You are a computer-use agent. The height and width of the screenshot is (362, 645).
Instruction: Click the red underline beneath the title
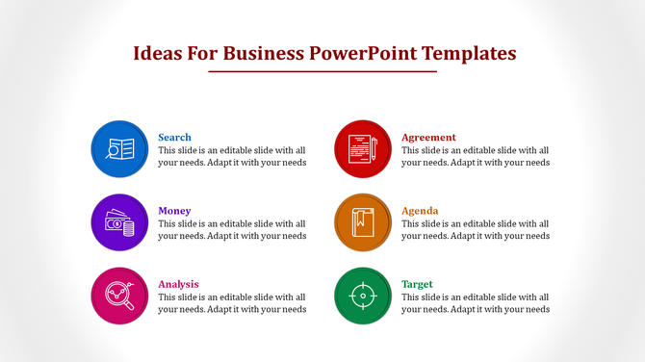point(322,71)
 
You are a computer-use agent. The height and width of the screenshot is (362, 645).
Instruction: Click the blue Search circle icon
point(119,149)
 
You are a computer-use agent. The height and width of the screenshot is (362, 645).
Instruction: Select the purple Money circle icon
point(119,222)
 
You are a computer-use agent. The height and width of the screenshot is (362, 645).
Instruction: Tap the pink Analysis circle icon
point(119,296)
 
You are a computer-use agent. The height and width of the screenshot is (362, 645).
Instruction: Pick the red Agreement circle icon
point(362,149)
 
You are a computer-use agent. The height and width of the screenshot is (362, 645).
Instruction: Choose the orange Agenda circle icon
point(362,222)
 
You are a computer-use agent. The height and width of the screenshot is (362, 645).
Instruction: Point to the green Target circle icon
point(362,296)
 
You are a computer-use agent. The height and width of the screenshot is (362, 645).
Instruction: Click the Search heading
point(174,137)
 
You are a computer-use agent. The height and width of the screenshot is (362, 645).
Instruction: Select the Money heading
point(174,210)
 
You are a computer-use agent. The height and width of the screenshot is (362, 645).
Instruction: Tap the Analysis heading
point(178,284)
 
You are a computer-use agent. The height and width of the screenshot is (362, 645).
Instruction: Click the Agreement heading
point(428,137)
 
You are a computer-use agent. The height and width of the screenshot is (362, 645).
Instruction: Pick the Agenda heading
point(420,210)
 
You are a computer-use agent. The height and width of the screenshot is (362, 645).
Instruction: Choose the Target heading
point(417,284)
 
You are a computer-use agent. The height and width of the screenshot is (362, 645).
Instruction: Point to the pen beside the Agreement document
point(374,149)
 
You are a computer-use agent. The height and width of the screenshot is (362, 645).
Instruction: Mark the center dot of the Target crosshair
point(362,296)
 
